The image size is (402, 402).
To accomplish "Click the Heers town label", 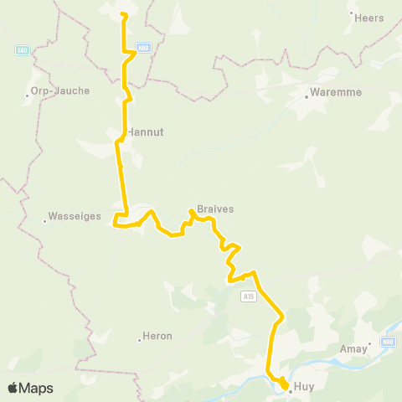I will pos(369,18).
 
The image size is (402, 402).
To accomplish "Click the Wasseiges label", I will pos(76,216).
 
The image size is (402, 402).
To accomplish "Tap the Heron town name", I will pos(157,336).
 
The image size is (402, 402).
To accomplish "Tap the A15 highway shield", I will pos(248,296).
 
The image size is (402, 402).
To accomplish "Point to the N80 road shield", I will pos(143,49).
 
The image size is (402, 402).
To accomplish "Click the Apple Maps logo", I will pos(30,389).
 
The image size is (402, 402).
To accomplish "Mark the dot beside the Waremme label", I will pos(307,96).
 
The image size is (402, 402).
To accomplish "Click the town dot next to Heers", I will pos(351,14).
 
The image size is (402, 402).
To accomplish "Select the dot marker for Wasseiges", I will pos(44,221).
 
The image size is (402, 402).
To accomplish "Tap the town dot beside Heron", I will pos(140,340).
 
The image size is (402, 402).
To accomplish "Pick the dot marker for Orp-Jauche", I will pos(28,95).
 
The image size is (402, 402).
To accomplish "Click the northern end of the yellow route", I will pos(123,14).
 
